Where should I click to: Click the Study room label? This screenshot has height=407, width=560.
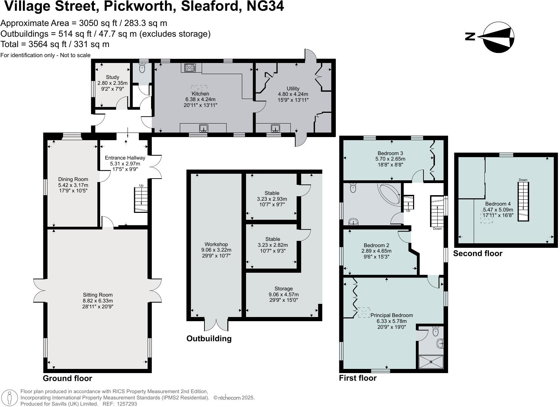[x=112, y=77]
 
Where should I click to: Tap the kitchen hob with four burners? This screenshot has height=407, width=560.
[x=190, y=67]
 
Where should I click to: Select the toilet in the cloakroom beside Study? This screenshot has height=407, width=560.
[x=142, y=68]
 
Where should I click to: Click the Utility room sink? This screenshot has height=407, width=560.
[x=275, y=128]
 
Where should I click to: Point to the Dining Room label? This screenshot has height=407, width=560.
[x=73, y=179]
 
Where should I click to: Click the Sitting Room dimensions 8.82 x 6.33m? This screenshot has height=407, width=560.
[x=97, y=301]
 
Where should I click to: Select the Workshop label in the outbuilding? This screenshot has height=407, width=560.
[x=216, y=244]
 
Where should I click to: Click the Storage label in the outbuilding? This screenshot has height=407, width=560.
[x=283, y=289]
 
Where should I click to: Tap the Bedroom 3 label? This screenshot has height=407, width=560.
[x=390, y=153]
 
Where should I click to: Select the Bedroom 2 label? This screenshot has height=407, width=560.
[x=376, y=245]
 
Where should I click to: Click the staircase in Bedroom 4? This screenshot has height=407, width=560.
[x=523, y=201]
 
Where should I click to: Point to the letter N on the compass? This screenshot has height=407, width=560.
[x=470, y=37]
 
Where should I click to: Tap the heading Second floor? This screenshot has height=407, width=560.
[x=478, y=253]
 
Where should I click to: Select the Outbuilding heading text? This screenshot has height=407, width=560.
[x=209, y=338]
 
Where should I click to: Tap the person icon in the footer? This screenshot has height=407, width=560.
[x=9, y=398]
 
